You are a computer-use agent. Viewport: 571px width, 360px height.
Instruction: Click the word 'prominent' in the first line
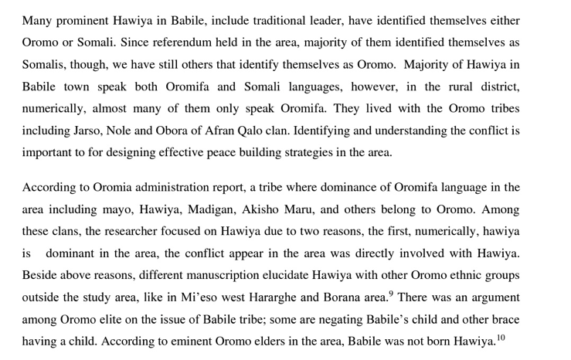tap(81, 20)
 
